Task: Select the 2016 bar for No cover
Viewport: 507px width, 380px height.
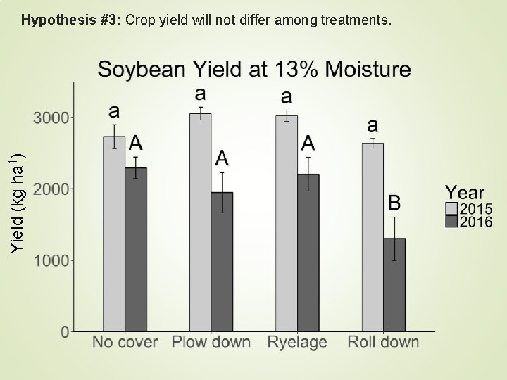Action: [136, 249]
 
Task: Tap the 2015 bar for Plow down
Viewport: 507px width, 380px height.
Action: [200, 222]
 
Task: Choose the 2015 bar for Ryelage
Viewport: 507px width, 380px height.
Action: [287, 224]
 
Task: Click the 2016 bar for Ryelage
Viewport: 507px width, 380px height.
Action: [308, 253]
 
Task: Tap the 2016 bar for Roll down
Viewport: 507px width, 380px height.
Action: [394, 285]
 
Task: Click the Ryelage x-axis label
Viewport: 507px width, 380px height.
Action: [297, 343]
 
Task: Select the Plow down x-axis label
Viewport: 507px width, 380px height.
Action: [211, 343]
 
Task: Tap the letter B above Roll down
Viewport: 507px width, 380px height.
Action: [395, 203]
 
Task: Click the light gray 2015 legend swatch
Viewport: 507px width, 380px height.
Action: [451, 209]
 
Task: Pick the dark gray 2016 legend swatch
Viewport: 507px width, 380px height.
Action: [451, 222]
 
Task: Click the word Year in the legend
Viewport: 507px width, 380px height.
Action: [464, 192]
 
